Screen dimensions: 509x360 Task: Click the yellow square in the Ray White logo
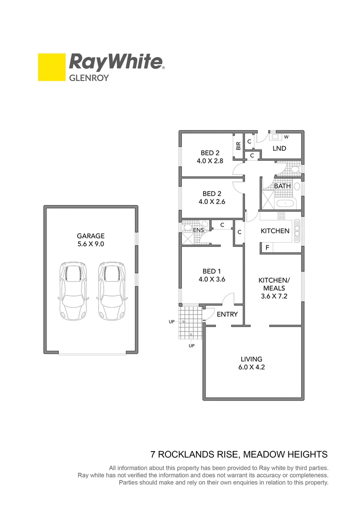click(52, 67)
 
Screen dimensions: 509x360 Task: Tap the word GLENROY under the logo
click(89, 78)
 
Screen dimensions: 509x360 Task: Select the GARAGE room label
click(91, 236)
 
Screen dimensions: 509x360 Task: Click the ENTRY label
click(227, 314)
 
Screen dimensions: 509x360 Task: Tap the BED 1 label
click(212, 271)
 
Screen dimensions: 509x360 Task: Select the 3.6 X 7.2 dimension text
click(274, 296)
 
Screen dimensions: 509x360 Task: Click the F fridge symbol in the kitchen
click(267, 247)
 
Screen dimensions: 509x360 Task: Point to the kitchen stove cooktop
click(281, 216)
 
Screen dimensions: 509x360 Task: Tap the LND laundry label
click(280, 148)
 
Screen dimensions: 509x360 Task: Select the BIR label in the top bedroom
click(238, 146)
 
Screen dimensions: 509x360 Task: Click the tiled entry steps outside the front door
click(190, 322)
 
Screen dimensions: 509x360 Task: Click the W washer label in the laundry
click(286, 137)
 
